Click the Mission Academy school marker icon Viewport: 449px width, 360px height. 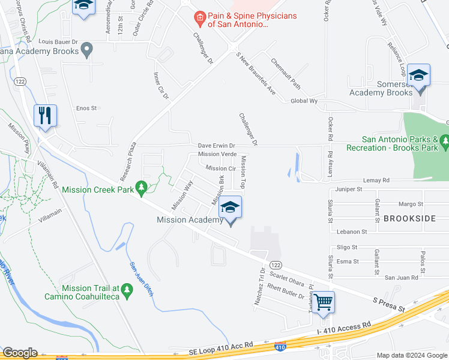pos(231,208)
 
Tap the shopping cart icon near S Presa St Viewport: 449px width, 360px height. pos(323,302)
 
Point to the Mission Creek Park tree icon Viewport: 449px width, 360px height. pos(142,189)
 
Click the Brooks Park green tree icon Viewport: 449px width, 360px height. pos(444,142)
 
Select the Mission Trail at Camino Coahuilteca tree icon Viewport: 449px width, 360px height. pos(126,292)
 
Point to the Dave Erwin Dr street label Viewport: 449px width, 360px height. pos(217,146)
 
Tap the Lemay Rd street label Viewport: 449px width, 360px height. pos(376,180)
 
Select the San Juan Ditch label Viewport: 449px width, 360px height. pos(142,280)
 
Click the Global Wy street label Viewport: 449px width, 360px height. pos(304,101)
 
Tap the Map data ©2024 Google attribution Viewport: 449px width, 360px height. pos(411,355)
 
